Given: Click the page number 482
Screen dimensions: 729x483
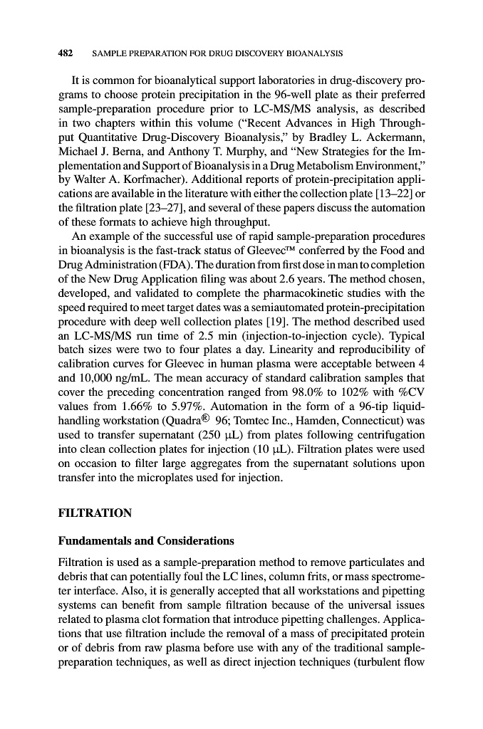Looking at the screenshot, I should (67, 53).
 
